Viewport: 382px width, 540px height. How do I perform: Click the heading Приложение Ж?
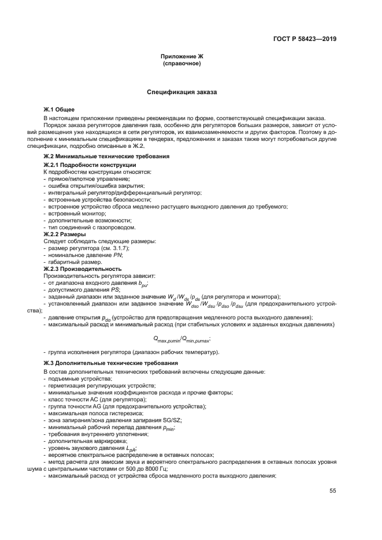182,56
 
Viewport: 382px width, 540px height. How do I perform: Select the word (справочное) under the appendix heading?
182,63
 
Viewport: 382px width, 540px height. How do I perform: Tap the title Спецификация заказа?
182,92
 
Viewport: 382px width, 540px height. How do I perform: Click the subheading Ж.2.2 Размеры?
65,234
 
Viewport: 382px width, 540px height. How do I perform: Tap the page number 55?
332,491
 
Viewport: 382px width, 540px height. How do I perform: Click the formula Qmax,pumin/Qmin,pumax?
182,338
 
